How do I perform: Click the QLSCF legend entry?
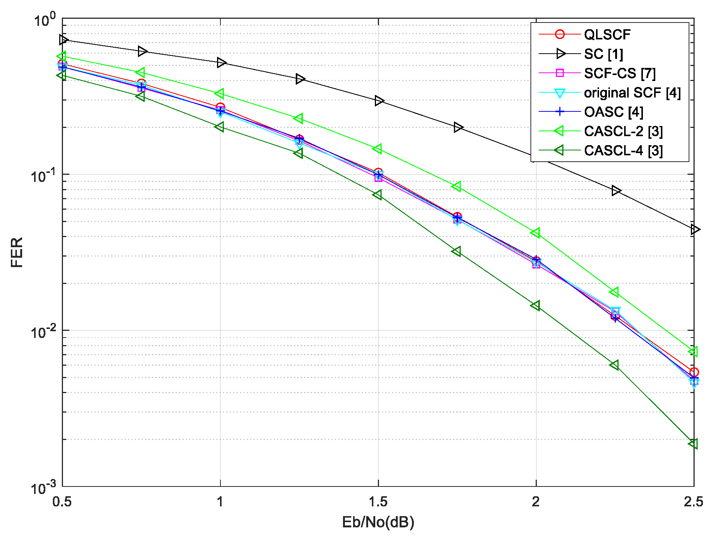pyautogui.click(x=607, y=35)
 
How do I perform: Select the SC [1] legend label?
pyautogui.click(x=603, y=54)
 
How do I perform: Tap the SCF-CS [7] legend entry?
pyautogui.click(x=620, y=73)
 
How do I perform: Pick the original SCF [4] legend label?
pyautogui.click(x=632, y=93)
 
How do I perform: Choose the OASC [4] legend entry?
pyautogui.click(x=613, y=112)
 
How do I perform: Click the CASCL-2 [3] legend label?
pyautogui.click(x=623, y=131)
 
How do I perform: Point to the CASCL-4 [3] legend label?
pyautogui.click(x=623, y=151)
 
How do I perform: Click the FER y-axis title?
pyautogui.click(x=17, y=252)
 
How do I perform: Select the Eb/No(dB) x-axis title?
pyautogui.click(x=378, y=522)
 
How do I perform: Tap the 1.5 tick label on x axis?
pyautogui.click(x=378, y=501)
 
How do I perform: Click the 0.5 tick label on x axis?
pyautogui.click(x=62, y=501)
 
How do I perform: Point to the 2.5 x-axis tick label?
pyautogui.click(x=693, y=501)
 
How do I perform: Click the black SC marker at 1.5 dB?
pyautogui.click(x=379, y=101)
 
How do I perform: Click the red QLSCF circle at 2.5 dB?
pyautogui.click(x=694, y=372)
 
